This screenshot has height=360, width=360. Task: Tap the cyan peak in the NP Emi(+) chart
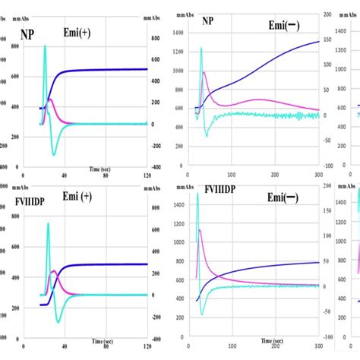[x=45, y=46]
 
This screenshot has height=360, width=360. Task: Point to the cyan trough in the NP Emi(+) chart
[x=54, y=154]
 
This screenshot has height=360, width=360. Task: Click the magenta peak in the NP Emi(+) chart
[x=50, y=99]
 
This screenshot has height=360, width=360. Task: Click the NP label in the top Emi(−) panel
[x=207, y=22]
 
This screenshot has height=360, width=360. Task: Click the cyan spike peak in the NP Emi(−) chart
[x=201, y=49]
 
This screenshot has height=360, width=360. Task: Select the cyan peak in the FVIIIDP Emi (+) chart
[x=49, y=223]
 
